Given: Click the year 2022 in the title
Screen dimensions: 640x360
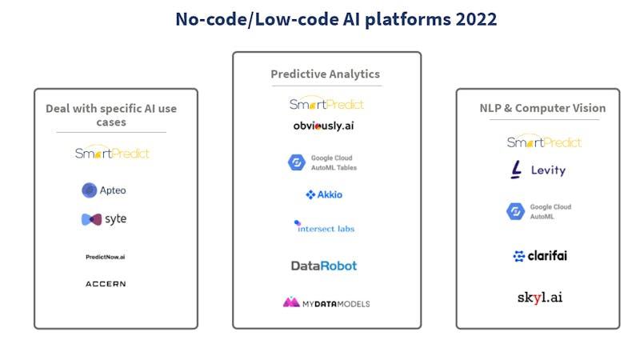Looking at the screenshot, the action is (x=476, y=19).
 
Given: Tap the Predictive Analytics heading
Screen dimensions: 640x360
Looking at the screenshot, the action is (x=326, y=74).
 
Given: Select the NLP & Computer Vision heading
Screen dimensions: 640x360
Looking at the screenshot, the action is (x=542, y=108).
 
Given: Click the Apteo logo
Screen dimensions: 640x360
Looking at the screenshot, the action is (x=104, y=190).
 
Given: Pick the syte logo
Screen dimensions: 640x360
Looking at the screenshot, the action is (x=104, y=219).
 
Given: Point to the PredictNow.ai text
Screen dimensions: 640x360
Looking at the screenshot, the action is (x=106, y=257).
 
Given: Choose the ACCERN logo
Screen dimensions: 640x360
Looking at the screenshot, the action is (x=106, y=284).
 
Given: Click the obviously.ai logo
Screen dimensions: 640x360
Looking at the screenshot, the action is (x=324, y=126).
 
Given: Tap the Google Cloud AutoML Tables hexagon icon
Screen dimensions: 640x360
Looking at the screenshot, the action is (x=297, y=162).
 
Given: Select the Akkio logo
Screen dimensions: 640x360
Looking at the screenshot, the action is (x=324, y=194).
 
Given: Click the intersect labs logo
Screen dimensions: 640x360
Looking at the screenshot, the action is (x=324, y=227).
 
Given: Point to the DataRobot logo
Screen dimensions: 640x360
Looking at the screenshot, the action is (x=324, y=266).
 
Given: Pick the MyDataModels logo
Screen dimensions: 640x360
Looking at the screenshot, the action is (x=326, y=302).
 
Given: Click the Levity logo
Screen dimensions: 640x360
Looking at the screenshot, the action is (x=538, y=170).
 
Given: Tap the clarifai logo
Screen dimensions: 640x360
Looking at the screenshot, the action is (x=540, y=256).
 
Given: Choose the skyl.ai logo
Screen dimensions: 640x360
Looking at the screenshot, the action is (x=540, y=298).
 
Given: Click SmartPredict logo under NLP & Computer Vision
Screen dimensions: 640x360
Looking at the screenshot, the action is (x=544, y=141).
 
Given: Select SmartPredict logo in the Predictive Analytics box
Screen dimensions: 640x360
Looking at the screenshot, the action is (x=326, y=104).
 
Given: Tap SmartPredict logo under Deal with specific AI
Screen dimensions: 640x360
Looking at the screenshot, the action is (x=112, y=152).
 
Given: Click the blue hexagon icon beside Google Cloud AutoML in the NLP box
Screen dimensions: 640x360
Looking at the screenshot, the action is (x=516, y=211).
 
